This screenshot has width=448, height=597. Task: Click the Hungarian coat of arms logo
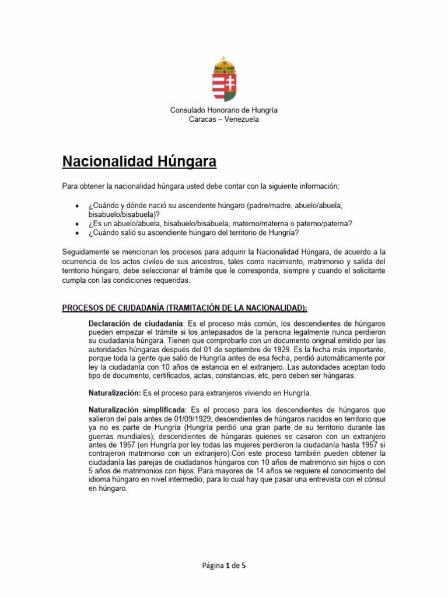(223, 80)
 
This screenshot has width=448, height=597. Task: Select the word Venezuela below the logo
(237, 120)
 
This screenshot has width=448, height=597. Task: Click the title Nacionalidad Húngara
(139, 161)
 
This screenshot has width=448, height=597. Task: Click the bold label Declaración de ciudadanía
(135, 323)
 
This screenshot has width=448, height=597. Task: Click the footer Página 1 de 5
(223, 566)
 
